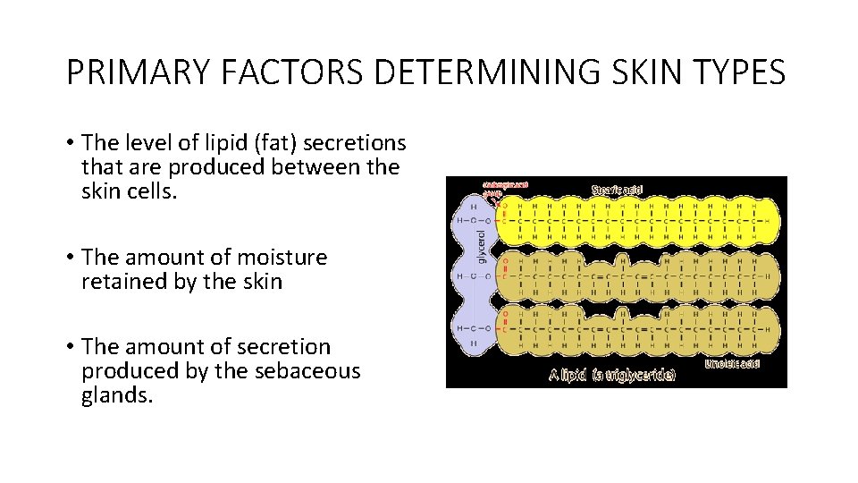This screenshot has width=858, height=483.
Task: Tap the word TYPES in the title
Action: pyautogui.click(x=743, y=72)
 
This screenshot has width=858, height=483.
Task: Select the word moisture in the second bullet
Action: pyautogui.click(x=282, y=258)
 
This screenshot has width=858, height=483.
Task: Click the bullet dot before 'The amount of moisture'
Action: pyautogui.click(x=69, y=258)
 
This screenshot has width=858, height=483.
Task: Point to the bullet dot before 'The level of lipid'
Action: pyautogui.click(x=69, y=143)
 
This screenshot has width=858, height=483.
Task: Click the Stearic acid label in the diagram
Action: pyautogui.click(x=617, y=190)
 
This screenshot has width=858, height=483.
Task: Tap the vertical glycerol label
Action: pyautogui.click(x=483, y=244)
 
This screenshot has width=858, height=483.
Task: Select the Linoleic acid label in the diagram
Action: pyautogui.click(x=732, y=364)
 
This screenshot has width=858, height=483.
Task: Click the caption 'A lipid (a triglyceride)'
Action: pyautogui.click(x=611, y=375)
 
